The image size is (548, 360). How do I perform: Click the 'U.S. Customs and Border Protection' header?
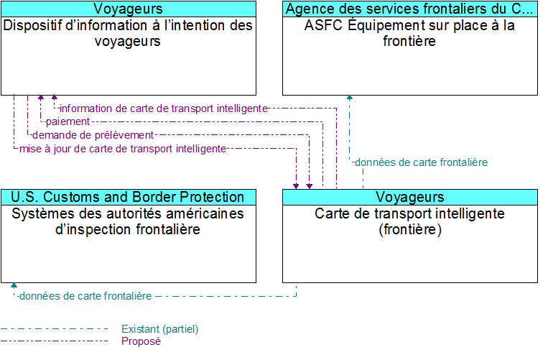click(129, 197)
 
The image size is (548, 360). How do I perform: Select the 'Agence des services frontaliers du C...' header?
click(410, 9)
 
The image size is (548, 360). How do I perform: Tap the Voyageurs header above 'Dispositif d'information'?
click(129, 9)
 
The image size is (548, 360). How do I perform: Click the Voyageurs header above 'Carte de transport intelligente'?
click(410, 197)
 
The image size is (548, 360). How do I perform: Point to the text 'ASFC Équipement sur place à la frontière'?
click(410, 33)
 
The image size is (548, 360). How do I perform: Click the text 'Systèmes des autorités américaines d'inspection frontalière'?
click(129, 221)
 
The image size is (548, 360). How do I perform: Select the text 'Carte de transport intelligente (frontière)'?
click(410, 221)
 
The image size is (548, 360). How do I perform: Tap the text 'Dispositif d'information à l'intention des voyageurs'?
click(129, 33)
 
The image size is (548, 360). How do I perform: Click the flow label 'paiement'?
click(68, 121)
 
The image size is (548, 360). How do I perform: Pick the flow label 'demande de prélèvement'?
click(93, 135)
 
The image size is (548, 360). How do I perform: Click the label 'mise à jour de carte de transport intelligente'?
click(123, 149)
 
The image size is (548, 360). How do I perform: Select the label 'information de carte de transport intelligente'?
click(163, 108)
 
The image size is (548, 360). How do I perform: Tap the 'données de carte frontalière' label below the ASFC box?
click(421, 162)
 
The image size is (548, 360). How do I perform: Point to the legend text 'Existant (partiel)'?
click(159, 329)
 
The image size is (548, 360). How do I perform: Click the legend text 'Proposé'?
click(141, 341)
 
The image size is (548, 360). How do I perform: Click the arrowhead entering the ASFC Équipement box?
click(350, 98)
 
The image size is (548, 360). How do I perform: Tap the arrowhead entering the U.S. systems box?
click(14, 286)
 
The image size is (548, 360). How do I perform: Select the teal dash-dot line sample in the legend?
click(57, 329)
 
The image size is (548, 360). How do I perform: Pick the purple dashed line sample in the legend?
click(57, 341)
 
